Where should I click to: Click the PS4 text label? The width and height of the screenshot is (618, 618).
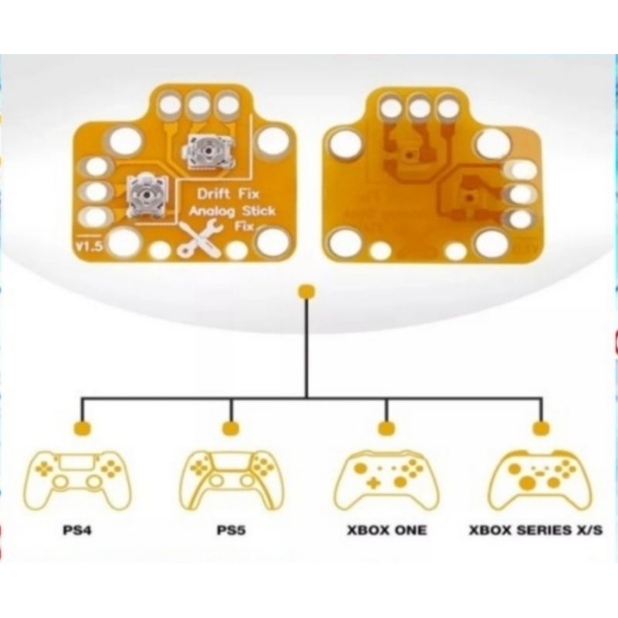tap(77, 531)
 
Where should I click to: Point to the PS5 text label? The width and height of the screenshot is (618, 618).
tap(231, 531)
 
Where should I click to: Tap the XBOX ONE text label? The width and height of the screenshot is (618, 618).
tap(385, 531)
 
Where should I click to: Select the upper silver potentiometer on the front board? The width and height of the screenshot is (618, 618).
tap(206, 151)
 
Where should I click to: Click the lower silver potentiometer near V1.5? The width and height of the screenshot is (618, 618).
tap(146, 193)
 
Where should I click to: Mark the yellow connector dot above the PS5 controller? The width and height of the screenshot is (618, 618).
tap(229, 428)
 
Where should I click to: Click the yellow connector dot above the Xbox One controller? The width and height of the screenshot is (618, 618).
tap(385, 428)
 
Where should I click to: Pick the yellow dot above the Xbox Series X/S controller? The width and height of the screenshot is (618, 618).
tap(541, 428)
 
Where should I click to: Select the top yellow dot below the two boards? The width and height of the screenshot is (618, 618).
tap(307, 291)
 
